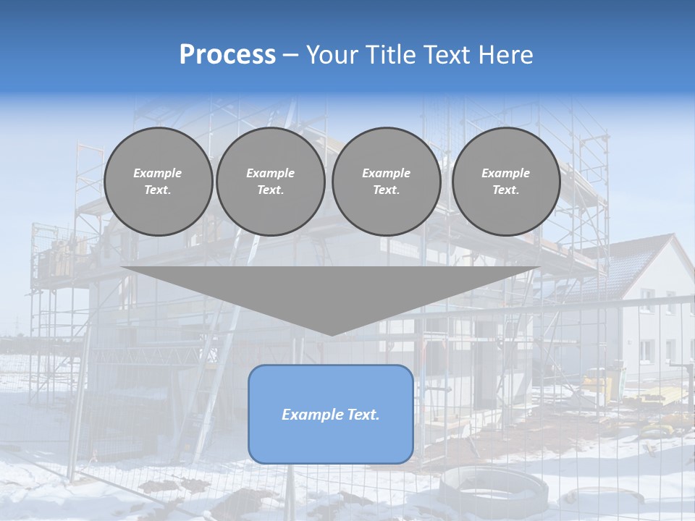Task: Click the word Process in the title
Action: click(x=227, y=55)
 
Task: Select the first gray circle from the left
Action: click(x=158, y=182)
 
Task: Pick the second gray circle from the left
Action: click(x=270, y=182)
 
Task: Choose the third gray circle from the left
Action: click(x=386, y=182)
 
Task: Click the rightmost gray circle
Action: click(x=505, y=182)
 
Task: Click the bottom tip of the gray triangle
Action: click(x=331, y=334)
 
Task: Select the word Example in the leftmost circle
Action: click(x=158, y=173)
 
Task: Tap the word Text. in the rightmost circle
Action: click(x=505, y=190)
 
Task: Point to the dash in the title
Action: click(x=290, y=55)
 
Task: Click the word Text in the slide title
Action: click(x=446, y=55)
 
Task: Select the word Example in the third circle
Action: click(x=386, y=173)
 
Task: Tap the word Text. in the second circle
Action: click(x=270, y=190)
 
